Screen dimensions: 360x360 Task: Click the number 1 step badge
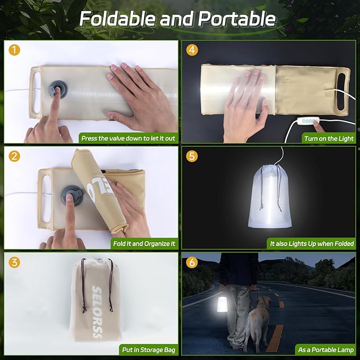point(14,50)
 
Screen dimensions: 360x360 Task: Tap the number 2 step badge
point(14,156)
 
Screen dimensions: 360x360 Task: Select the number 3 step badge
point(14,262)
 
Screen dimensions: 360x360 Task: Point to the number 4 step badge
point(192,50)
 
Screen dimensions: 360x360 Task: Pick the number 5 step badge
point(192,156)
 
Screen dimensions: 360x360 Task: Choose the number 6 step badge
point(192,262)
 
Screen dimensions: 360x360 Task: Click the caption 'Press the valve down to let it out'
point(128,138)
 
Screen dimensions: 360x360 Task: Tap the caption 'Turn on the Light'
point(328,138)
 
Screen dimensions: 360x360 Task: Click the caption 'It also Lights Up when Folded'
point(311,244)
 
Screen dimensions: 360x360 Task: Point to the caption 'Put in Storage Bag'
point(148,350)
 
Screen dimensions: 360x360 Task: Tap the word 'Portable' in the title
point(237,19)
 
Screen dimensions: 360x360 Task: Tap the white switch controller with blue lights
point(306,121)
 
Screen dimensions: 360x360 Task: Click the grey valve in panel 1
point(56,90)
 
